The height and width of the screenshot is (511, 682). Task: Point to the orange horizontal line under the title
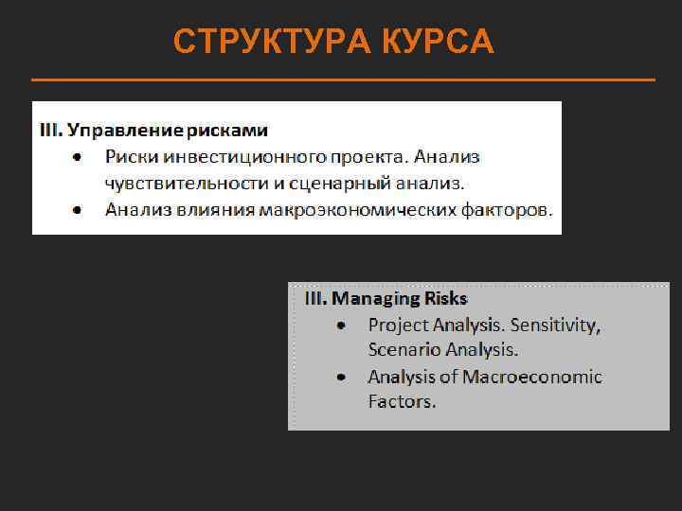point(343,79)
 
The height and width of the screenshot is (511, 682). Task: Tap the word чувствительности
point(180,183)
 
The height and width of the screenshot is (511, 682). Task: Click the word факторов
point(508,209)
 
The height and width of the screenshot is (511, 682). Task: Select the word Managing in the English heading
point(375,299)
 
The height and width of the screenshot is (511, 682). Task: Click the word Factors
point(402,401)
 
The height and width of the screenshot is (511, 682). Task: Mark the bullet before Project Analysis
point(341,325)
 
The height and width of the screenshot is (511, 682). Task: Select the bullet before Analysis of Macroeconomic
point(341,377)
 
